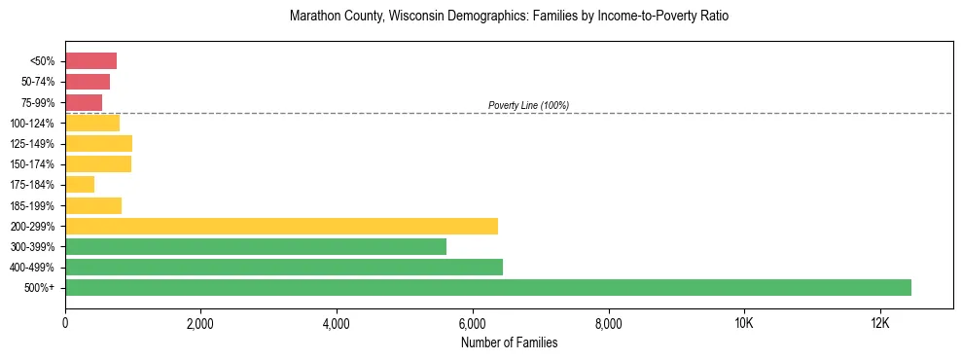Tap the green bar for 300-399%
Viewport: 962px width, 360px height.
tap(256, 246)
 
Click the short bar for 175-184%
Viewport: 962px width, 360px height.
tap(80, 184)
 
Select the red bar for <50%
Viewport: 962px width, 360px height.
tap(90, 61)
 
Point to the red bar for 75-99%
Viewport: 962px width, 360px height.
tap(84, 102)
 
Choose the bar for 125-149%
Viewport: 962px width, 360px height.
tap(98, 143)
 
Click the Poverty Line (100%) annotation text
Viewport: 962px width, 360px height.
tap(528, 105)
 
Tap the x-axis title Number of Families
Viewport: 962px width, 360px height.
tap(509, 342)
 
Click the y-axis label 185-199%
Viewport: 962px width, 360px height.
tap(32, 205)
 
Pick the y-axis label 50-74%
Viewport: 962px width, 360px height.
tap(37, 82)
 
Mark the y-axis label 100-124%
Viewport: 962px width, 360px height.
tap(32, 123)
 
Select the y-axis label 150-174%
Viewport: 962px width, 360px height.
tap(32, 163)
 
